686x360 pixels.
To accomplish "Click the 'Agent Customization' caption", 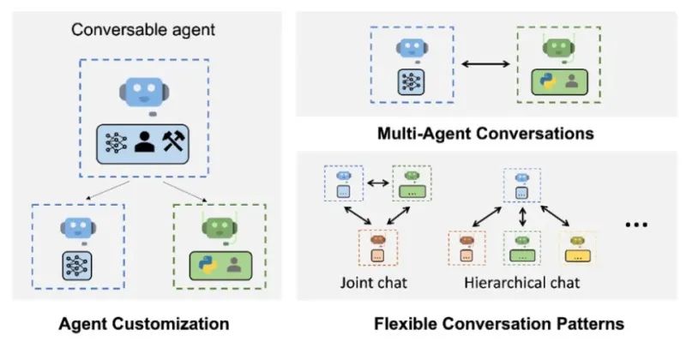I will point(144,325).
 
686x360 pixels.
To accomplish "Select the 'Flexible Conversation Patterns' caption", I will point(499,325).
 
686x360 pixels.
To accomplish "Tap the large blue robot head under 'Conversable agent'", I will point(145,92).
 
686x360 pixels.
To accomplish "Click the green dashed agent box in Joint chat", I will point(412,183).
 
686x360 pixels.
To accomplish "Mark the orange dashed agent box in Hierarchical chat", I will point(467,247).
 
